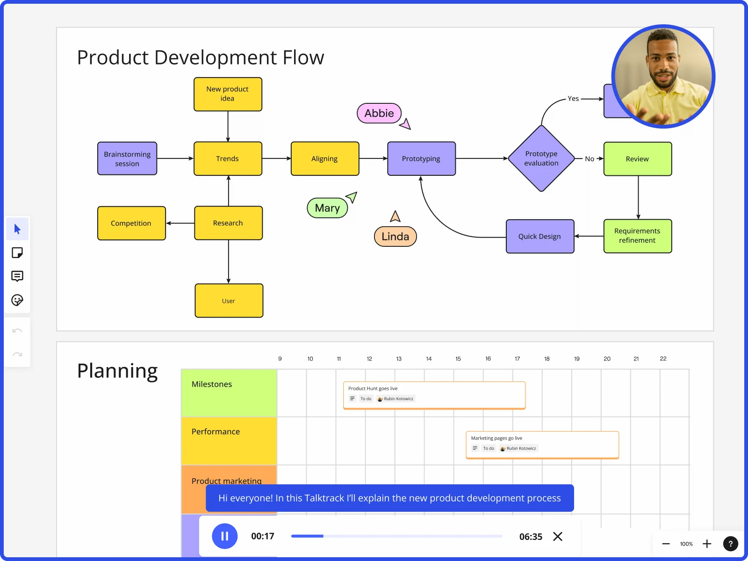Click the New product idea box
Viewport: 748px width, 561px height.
tap(228, 94)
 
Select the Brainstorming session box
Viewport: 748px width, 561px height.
tap(127, 158)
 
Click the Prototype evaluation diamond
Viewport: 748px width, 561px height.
tap(541, 158)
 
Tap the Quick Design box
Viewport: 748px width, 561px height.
tap(539, 237)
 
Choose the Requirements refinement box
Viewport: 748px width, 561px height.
tap(637, 236)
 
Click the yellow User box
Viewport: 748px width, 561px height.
tap(229, 301)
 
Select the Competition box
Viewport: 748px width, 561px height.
tap(131, 223)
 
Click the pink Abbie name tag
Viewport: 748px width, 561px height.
tap(379, 113)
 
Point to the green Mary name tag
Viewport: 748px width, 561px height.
tap(327, 208)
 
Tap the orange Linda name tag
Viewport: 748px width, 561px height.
tap(395, 237)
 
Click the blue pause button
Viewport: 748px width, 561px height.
tap(224, 536)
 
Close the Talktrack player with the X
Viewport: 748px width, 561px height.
tap(557, 536)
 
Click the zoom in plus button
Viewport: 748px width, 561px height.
tap(707, 544)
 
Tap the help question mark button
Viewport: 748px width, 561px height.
tap(730, 544)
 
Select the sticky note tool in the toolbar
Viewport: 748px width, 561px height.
tap(17, 253)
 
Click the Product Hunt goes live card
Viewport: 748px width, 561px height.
tap(434, 395)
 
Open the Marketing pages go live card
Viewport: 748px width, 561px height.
tap(542, 444)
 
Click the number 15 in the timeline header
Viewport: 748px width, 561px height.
tap(458, 359)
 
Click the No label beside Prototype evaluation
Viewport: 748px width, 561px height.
tap(590, 159)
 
